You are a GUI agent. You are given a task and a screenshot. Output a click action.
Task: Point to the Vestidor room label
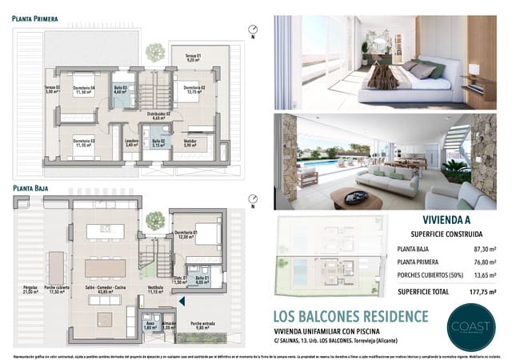[x=190, y=142]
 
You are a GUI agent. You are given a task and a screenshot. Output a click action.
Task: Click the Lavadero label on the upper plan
[x=132, y=143]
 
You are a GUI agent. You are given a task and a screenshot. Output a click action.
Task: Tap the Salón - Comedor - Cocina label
[x=103, y=289]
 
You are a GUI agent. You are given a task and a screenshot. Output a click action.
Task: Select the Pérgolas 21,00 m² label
[x=31, y=289]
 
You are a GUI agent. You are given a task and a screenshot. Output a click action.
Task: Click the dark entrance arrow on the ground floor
[x=184, y=301]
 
